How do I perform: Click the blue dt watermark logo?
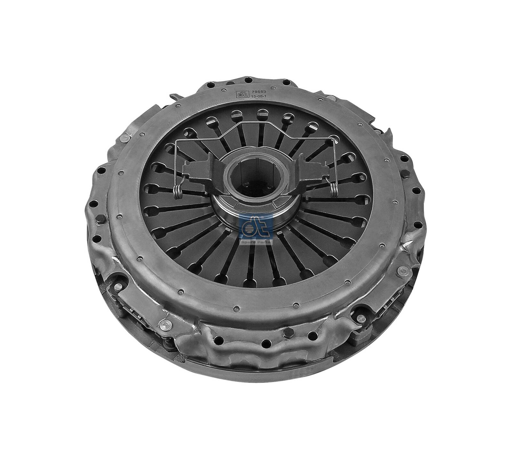coord(256,227)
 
